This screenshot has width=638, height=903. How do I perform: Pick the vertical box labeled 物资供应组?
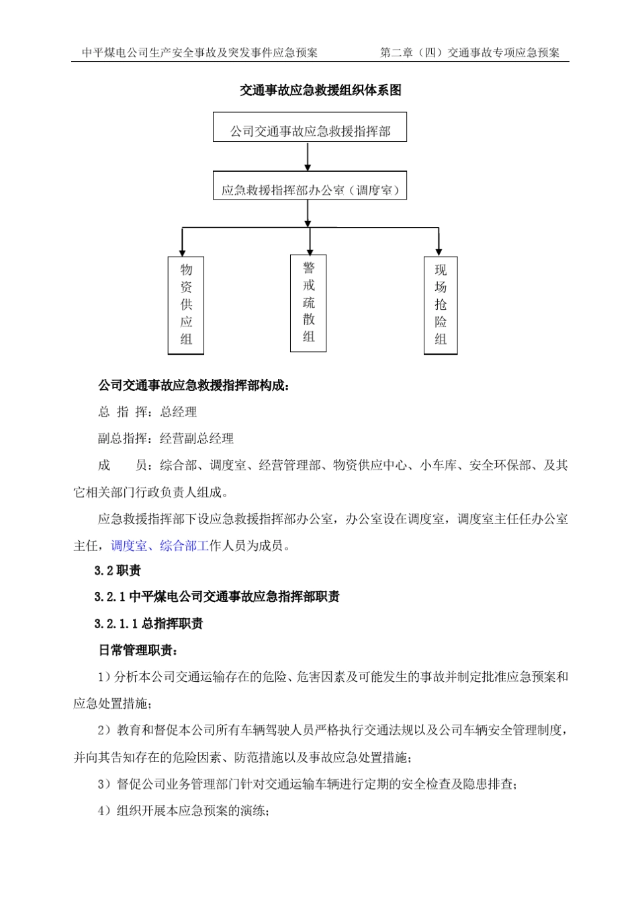point(186,305)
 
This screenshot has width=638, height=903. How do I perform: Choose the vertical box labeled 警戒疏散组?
point(308,303)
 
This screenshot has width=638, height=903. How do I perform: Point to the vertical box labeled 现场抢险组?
point(441,305)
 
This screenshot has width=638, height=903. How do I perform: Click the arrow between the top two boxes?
point(308,157)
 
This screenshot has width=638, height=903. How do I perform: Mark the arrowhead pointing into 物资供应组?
point(183,251)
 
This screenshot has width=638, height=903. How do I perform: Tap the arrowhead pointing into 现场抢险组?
point(439,251)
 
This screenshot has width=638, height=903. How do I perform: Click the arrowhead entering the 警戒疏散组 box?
point(310,250)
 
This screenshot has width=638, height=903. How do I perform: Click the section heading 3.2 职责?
point(118,571)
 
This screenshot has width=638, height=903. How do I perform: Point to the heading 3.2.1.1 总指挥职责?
point(148,624)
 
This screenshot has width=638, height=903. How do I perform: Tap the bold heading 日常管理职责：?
point(138,650)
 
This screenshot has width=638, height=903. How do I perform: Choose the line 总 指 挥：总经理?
point(147,412)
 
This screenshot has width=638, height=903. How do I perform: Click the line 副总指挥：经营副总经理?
point(165,439)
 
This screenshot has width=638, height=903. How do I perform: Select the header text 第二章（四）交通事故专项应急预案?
point(469,52)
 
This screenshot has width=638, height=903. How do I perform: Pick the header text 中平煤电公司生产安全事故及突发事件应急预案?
point(199,52)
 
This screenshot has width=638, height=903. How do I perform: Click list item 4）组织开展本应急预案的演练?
point(184,811)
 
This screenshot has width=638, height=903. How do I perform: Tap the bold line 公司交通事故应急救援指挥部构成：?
point(195,386)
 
